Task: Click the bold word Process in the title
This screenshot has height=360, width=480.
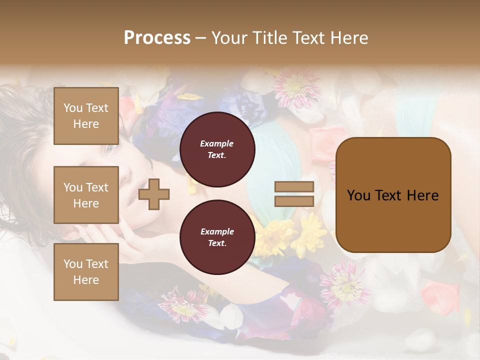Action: [157, 37]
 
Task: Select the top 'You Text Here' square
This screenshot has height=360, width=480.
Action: [86, 116]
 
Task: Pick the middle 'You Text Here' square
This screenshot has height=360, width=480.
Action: [86, 195]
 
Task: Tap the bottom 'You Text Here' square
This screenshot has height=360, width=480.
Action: [86, 271]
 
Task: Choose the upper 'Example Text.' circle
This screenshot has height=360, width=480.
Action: [217, 149]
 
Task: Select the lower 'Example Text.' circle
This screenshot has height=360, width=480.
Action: [217, 237]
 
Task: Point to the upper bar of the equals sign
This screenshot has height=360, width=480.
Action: [294, 187]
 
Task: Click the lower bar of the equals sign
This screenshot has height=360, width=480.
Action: [294, 201]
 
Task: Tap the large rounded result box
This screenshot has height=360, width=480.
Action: [393, 195]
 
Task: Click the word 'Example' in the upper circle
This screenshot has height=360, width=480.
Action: [217, 143]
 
